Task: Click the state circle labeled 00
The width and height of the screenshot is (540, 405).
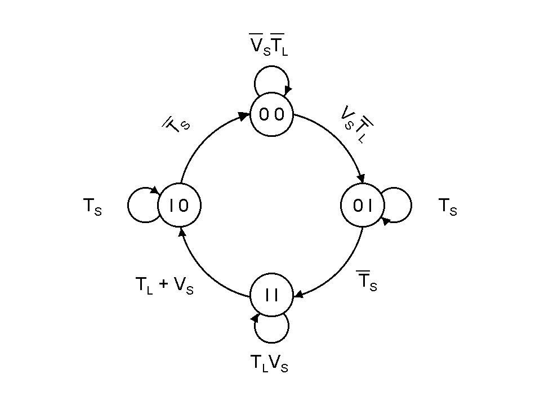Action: (x=272, y=114)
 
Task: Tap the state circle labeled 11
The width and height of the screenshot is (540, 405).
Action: (x=272, y=295)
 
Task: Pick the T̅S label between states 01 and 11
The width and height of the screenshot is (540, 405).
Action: (x=367, y=281)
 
